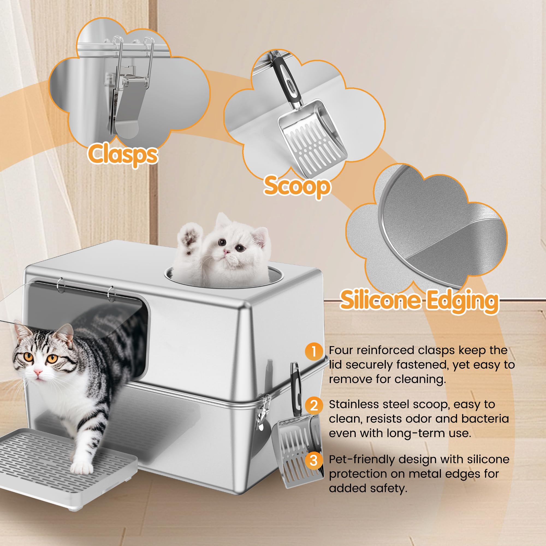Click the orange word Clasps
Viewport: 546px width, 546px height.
click(x=123, y=155)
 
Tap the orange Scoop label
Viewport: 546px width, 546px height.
click(x=297, y=186)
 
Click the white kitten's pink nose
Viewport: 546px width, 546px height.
click(x=226, y=251)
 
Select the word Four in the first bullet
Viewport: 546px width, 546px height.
click(x=340, y=351)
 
